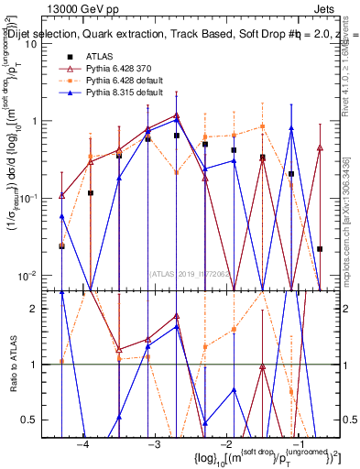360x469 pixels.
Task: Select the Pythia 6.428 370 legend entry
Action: [124, 69]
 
